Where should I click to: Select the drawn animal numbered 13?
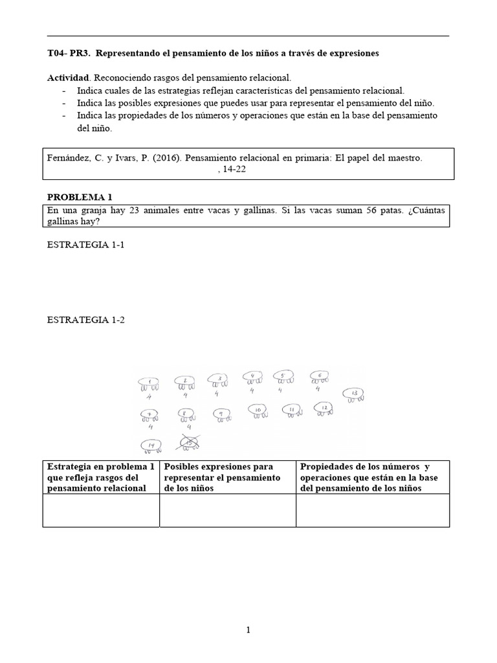tap(353, 394)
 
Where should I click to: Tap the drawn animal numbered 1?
tap(149, 383)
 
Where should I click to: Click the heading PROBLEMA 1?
tap(76, 197)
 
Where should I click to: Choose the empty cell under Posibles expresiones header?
tap(227, 510)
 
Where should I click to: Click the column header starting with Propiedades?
tap(372, 477)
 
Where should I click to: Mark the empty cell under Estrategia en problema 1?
tap(101, 510)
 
